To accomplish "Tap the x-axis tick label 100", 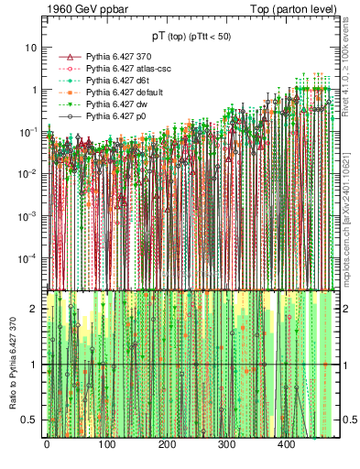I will click(x=106, y=444).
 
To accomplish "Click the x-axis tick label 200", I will click(x=167, y=444).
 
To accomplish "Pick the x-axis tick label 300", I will click(x=226, y=444).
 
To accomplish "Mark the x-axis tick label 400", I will click(x=287, y=444).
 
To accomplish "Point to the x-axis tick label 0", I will click(x=47, y=444).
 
